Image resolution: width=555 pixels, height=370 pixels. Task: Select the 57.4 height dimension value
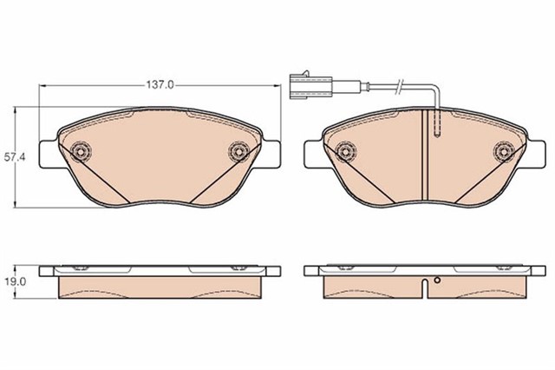point(10,157)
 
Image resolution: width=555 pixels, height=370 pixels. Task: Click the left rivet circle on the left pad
point(82,151)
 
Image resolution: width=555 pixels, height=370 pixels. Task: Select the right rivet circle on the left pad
point(238,153)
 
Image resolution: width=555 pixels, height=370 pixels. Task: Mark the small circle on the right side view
point(439,281)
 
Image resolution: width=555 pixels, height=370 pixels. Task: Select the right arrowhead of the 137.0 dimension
point(278,85)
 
